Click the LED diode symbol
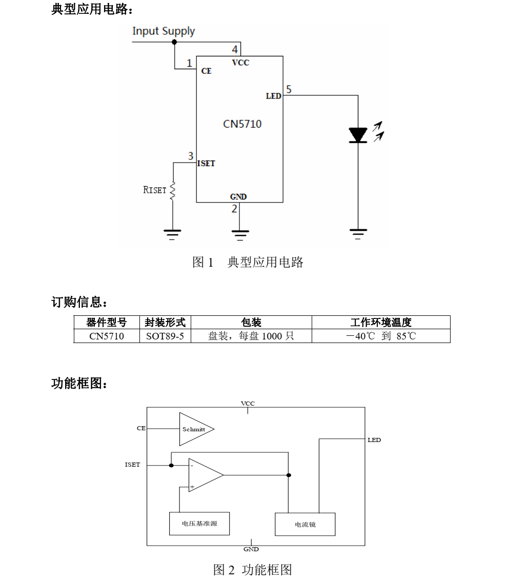click(358, 135)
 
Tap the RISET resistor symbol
click(173, 190)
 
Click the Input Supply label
click(164, 31)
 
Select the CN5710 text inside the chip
click(242, 124)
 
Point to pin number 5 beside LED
click(289, 90)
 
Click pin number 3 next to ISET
click(191, 156)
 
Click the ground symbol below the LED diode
click(358, 234)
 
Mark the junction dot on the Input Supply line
click(174, 42)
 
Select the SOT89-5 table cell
click(165, 336)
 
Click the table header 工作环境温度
click(380, 323)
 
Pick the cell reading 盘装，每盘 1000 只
click(251, 336)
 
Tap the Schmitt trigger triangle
click(195, 429)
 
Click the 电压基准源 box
click(199, 524)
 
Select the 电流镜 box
click(305, 524)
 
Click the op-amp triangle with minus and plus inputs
click(204, 475)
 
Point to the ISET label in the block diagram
click(132, 465)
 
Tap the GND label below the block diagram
click(251, 549)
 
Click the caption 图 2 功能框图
click(253, 569)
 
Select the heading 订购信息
click(79, 302)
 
